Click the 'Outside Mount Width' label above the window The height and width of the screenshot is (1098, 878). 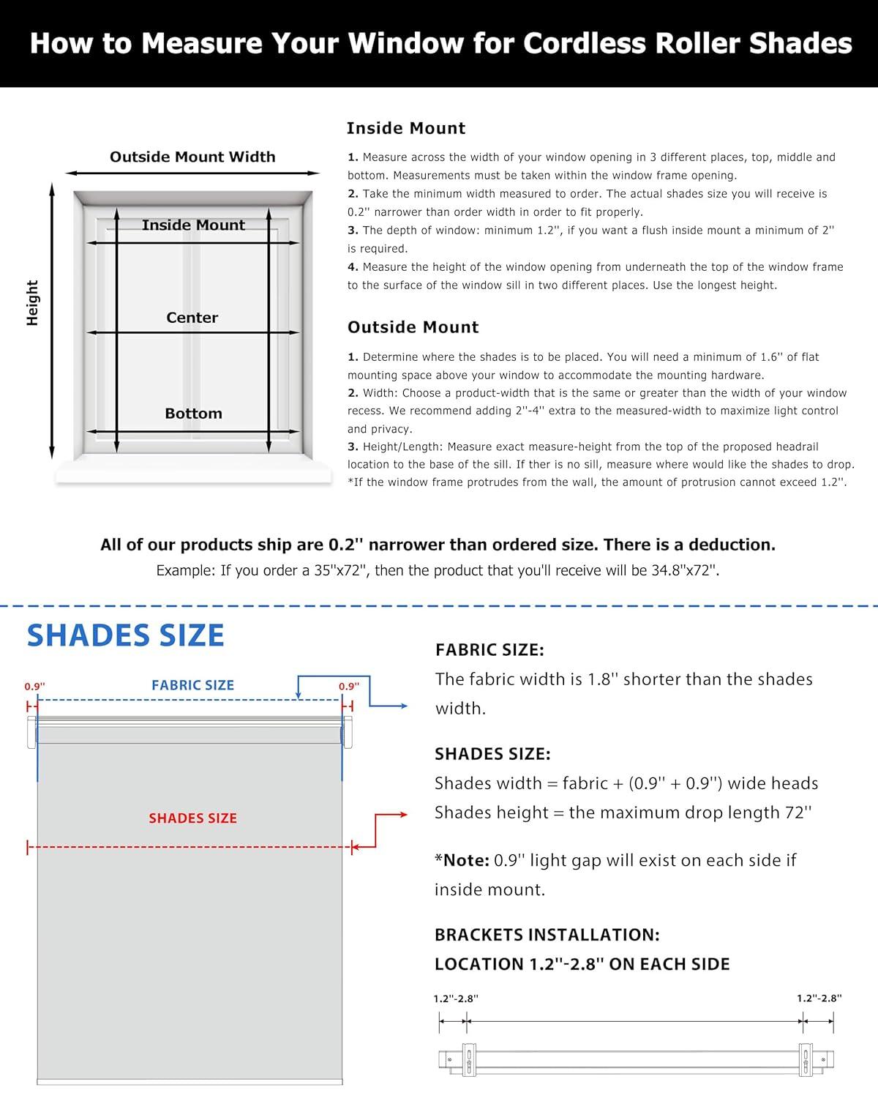(192, 157)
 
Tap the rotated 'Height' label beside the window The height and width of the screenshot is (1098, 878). (32, 302)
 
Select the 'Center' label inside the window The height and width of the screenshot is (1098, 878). (192, 318)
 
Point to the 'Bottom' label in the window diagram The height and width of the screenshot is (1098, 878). (193, 414)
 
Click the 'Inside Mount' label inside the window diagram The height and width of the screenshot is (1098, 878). (193, 225)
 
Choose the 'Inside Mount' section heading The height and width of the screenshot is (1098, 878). (406, 128)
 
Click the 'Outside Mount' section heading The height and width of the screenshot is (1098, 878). (413, 327)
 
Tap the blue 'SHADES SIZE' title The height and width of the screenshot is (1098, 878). (125, 635)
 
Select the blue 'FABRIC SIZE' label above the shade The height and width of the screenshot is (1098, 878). (192, 685)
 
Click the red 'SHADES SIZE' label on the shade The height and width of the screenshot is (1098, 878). (192, 818)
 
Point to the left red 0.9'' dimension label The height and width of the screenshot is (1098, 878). (34, 687)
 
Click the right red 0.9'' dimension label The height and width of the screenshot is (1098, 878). (349, 687)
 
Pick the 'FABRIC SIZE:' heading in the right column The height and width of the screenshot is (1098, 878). (489, 650)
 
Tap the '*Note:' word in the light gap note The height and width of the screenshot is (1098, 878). (462, 860)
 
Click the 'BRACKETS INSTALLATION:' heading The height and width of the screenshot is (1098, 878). (547, 935)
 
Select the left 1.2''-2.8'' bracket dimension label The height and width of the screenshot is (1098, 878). (456, 998)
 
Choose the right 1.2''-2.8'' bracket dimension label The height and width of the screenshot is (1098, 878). (819, 998)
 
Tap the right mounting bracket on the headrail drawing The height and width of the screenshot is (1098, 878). (806, 1058)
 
